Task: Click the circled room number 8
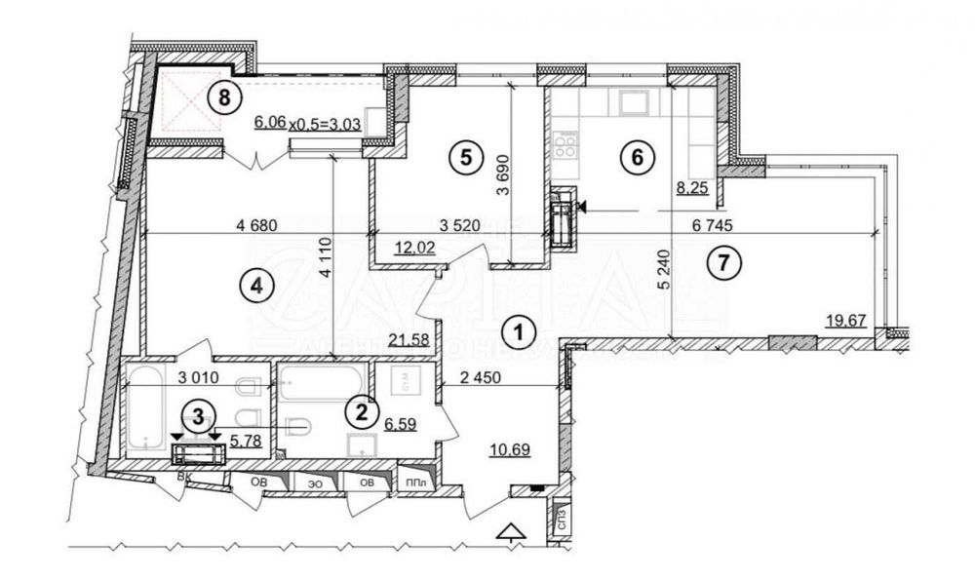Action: (225, 96)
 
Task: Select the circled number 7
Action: (722, 261)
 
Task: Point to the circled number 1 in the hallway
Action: (521, 331)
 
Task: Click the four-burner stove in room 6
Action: (565, 146)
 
